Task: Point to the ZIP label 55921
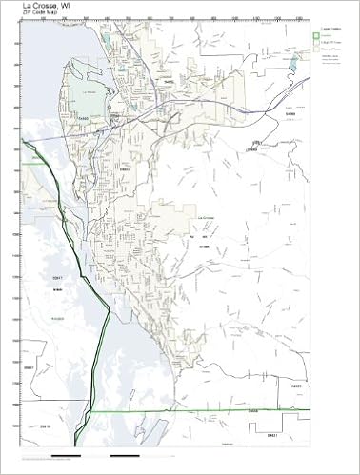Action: coord(30,367)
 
